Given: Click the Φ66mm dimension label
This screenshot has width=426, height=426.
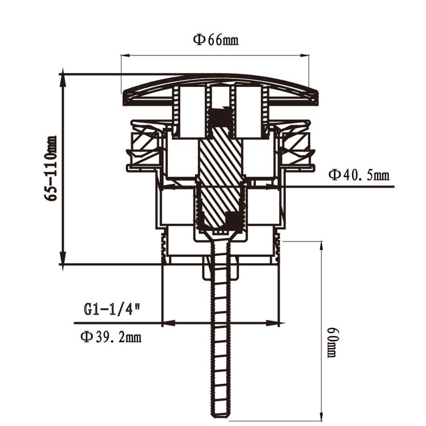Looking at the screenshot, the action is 216,40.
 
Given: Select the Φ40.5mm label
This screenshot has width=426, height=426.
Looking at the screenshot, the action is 359,175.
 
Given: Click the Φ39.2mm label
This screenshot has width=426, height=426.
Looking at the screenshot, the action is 111,337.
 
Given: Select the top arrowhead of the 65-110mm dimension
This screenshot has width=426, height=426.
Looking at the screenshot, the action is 63,75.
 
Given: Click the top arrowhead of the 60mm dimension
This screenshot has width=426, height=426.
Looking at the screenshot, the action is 321,245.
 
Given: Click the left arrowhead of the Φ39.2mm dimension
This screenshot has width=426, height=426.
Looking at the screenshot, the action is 167,323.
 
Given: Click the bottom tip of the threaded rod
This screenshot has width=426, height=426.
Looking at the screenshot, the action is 220,415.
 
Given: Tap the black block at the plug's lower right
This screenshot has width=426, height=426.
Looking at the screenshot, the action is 233,220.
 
